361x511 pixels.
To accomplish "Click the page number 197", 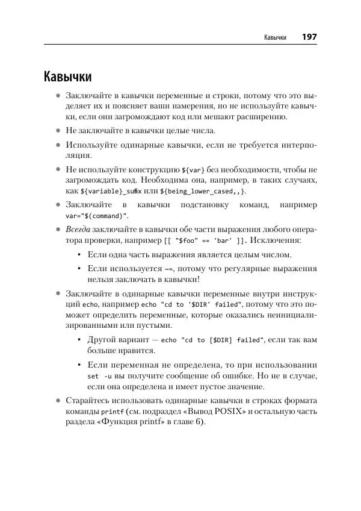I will (309, 37).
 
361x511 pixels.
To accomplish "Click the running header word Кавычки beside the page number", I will (274, 38).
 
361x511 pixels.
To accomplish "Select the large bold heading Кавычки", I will (67, 77).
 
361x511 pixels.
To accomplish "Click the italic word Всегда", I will (79, 230).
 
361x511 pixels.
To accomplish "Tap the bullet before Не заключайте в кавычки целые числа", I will (58, 130).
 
